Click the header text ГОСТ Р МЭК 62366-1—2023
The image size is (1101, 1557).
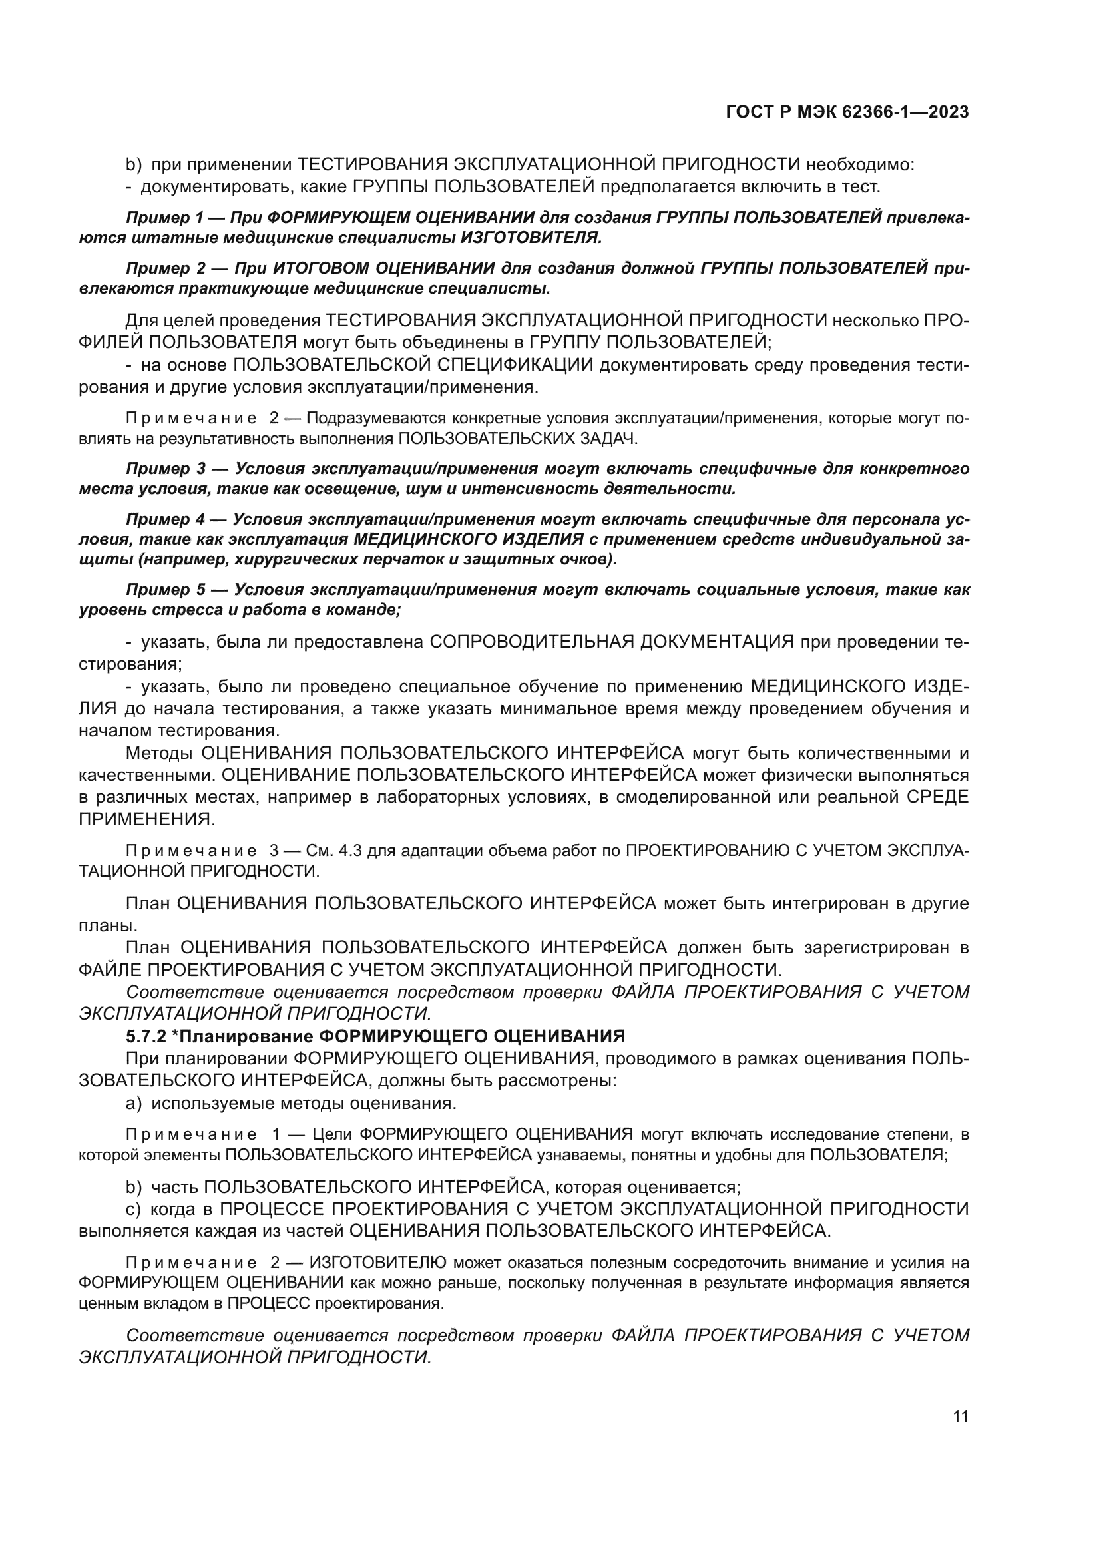pyautogui.click(x=847, y=112)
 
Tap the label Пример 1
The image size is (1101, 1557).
pyautogui.click(x=164, y=218)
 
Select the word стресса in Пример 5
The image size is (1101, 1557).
pyautogui.click(x=180, y=609)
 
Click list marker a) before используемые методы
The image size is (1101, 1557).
pyautogui.click(x=134, y=1103)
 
